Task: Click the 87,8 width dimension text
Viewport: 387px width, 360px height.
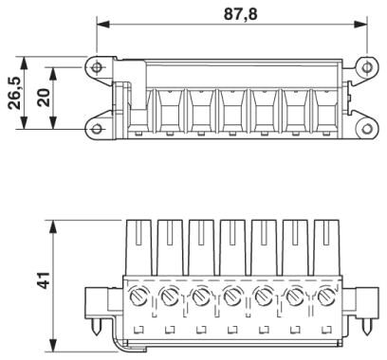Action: coord(241,14)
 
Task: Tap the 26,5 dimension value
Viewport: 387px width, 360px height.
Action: coord(14,93)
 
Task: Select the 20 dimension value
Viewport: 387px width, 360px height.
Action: coord(44,98)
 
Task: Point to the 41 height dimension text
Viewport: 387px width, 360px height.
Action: coord(44,279)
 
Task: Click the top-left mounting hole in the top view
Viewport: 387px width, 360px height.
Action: coord(97,67)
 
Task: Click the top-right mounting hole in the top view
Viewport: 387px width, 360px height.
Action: coord(367,67)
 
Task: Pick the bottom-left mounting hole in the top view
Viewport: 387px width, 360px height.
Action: coord(96,129)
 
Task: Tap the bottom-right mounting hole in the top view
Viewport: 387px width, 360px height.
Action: coord(367,129)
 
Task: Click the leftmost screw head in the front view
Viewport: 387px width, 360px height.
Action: coord(138,297)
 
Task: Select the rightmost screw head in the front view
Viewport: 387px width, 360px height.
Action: coord(325,297)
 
